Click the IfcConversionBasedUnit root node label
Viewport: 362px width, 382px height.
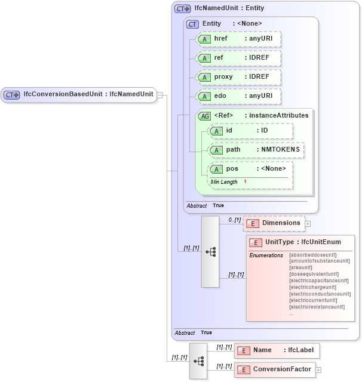tap(87, 94)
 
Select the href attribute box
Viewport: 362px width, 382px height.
tap(238, 39)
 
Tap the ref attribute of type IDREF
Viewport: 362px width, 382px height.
tap(238, 58)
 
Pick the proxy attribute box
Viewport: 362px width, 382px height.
tap(238, 77)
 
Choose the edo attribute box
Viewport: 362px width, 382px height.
tap(238, 96)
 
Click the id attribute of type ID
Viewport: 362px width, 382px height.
tap(250, 131)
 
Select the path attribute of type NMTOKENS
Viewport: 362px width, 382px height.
tap(255, 150)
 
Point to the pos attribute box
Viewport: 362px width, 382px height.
tap(250, 169)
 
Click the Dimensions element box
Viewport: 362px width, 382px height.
tap(274, 223)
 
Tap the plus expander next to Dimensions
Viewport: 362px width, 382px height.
tap(308, 224)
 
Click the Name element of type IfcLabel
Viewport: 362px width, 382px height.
tap(277, 350)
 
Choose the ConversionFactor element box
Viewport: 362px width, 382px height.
tap(274, 369)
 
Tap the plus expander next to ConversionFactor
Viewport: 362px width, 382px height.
tap(318, 370)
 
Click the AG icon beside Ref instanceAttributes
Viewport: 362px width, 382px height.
tap(205, 116)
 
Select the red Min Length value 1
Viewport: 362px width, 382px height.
tap(245, 181)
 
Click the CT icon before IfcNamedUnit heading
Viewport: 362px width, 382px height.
tap(182, 9)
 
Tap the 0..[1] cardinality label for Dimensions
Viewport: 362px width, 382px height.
tap(234, 220)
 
